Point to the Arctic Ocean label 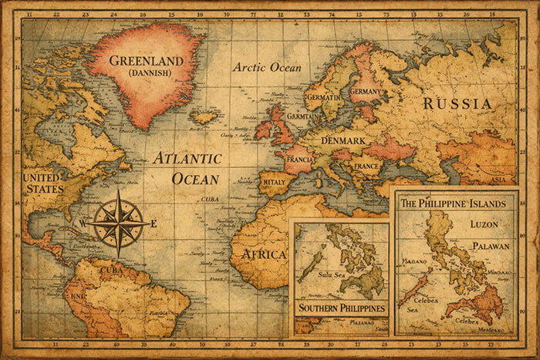[268, 67]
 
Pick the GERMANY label [366, 91]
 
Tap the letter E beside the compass [154, 224]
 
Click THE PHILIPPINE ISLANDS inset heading [452, 204]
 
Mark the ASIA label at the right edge [500, 180]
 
